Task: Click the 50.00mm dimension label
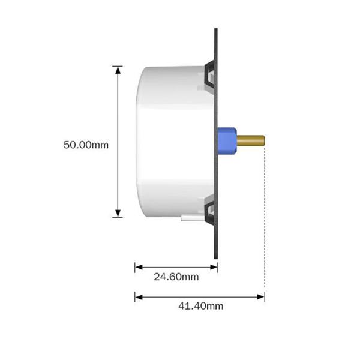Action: coord(86,145)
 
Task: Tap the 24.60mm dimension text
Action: coord(176,277)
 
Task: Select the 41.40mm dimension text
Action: coord(200,305)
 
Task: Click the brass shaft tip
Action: coord(262,141)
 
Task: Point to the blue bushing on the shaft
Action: coord(226,141)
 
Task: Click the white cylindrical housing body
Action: coord(168,141)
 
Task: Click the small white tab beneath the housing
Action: coord(190,218)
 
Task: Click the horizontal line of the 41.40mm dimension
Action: coord(198,296)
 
